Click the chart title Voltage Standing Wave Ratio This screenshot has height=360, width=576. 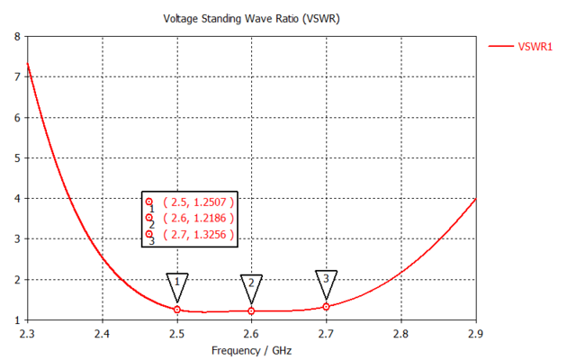252,18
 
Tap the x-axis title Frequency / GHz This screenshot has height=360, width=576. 252,350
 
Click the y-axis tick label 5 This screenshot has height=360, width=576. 17,158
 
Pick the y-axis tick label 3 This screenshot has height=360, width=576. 17,239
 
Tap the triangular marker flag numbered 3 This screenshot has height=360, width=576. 327,280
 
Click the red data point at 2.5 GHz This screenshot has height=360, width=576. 177,310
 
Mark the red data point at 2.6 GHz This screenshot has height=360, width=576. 252,311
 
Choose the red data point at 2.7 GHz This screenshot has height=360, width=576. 327,307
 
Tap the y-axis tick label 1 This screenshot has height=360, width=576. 17,320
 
